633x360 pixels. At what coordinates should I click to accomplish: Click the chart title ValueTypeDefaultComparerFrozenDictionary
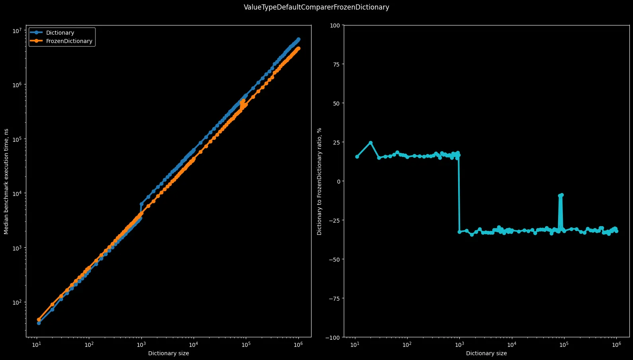(316, 7)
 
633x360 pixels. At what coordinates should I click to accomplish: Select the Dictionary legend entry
(60, 33)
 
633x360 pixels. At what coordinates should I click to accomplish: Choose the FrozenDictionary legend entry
(69, 41)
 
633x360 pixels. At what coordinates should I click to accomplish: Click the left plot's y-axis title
(6, 181)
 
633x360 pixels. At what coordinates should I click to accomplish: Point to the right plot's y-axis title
(319, 181)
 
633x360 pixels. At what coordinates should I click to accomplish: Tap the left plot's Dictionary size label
(169, 353)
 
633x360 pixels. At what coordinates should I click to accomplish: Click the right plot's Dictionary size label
(486, 353)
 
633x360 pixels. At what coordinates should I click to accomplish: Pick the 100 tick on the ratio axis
(335, 25)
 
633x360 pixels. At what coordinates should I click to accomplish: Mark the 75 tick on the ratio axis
(336, 65)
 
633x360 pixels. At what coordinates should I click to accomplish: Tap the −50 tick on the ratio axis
(333, 260)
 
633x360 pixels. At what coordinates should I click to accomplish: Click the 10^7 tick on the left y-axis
(17, 31)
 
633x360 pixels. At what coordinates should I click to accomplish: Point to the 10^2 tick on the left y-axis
(17, 302)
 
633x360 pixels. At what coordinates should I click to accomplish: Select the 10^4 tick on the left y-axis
(17, 194)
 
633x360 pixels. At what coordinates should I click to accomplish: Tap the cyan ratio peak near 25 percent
(370, 143)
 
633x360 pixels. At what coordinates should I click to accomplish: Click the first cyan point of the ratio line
(357, 157)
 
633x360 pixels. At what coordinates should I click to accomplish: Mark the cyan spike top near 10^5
(562, 195)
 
